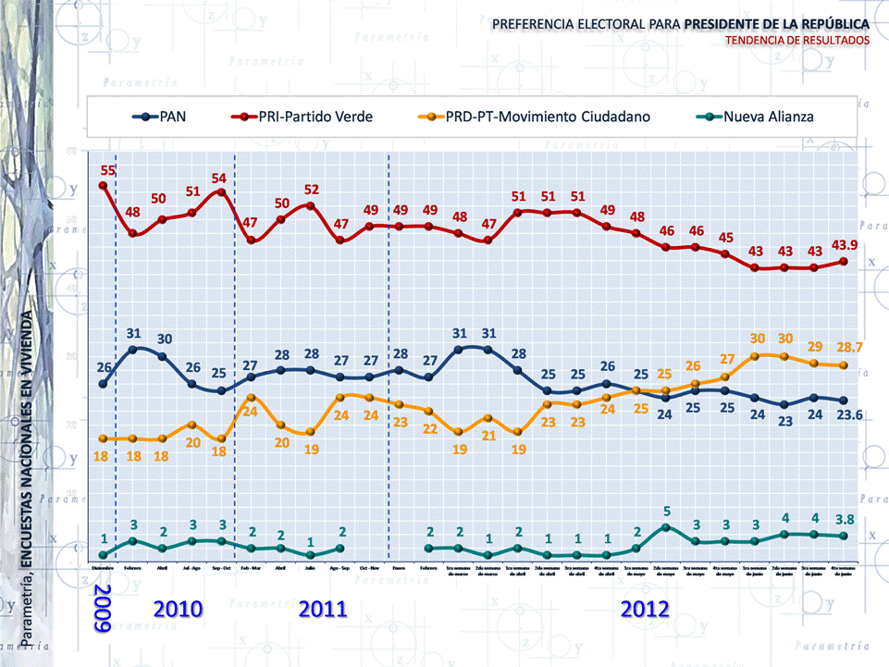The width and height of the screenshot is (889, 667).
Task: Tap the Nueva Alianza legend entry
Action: point(768,117)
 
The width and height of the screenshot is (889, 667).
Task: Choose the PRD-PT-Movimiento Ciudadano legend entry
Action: point(544,117)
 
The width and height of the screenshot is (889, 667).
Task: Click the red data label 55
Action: point(108,170)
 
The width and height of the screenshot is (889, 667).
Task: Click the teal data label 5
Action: point(666,510)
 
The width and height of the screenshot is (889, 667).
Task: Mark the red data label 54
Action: point(219,178)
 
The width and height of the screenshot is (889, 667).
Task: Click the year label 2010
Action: point(179,609)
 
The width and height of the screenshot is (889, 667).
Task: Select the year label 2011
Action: point(323,609)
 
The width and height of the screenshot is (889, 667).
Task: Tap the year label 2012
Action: point(646,609)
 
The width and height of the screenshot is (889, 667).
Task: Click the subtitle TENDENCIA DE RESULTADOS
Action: point(797,41)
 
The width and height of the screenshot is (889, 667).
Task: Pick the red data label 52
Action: point(311,190)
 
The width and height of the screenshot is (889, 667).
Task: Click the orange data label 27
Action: point(726,359)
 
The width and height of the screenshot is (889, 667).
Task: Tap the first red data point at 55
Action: point(103,185)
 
